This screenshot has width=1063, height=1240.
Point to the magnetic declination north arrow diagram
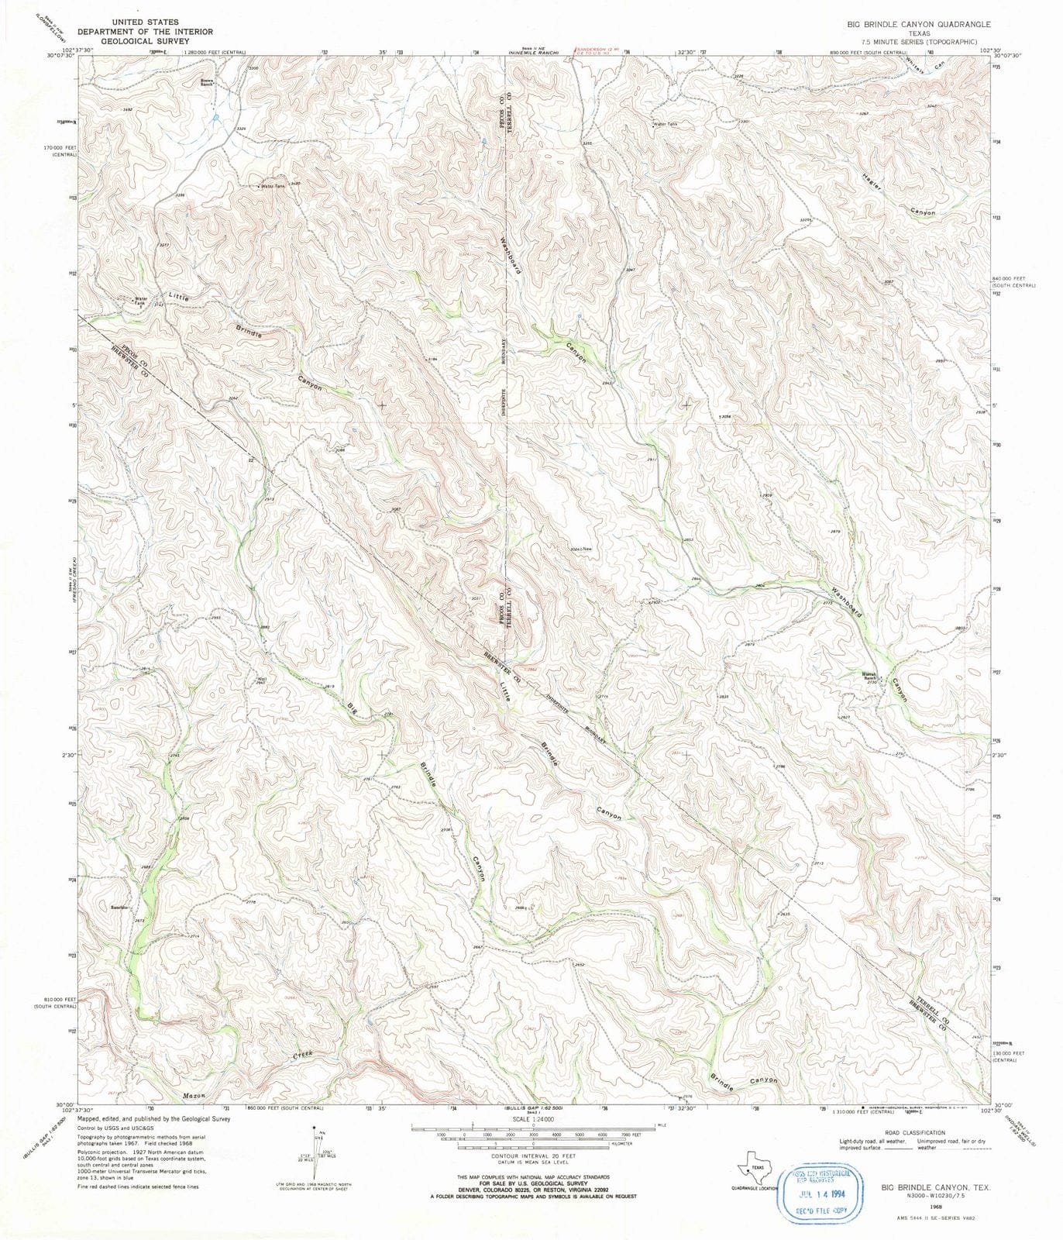314,1155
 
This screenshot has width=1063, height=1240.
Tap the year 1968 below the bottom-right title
937,1206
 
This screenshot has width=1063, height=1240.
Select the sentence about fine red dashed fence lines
138,1187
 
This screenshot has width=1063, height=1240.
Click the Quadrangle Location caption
755,1188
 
